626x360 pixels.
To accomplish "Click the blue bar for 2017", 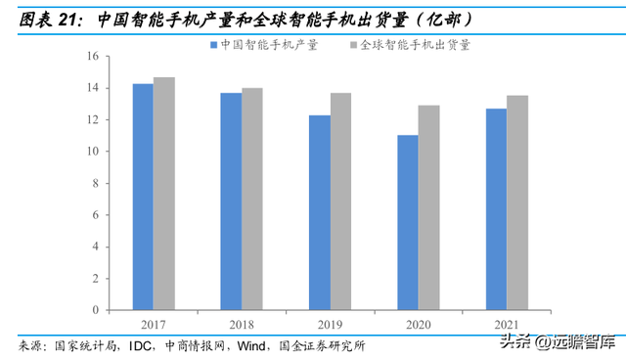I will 143,197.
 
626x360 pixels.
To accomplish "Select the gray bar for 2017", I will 164,194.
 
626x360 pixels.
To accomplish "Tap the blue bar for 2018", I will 231,202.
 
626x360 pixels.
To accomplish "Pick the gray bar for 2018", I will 252,199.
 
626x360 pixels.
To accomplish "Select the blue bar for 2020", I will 407,222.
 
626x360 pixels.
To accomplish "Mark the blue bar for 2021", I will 495,209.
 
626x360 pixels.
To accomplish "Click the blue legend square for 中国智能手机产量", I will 211,45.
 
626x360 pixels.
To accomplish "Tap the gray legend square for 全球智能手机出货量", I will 352,45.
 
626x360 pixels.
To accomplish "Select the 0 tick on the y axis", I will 94,310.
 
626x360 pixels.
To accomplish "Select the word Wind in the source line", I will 252,345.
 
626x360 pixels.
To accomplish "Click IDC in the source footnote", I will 140,345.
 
